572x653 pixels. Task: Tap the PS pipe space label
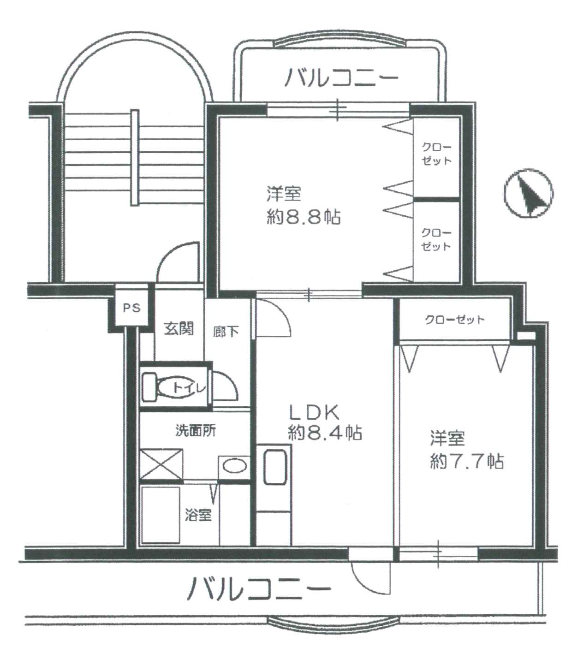coord(132,308)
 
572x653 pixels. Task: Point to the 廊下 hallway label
coord(226,332)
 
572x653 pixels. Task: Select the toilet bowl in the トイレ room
coord(173,387)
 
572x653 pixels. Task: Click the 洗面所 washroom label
coord(196,431)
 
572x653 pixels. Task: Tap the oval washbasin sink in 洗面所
coord(235,467)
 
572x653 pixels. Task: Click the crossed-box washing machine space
coord(162,464)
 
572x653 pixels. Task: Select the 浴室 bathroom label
coord(198,514)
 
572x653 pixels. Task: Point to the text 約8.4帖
coord(325,433)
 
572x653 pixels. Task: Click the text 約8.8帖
coord(304,217)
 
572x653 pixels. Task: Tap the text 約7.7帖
coord(467,461)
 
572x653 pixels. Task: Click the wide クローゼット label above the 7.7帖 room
coord(455,320)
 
